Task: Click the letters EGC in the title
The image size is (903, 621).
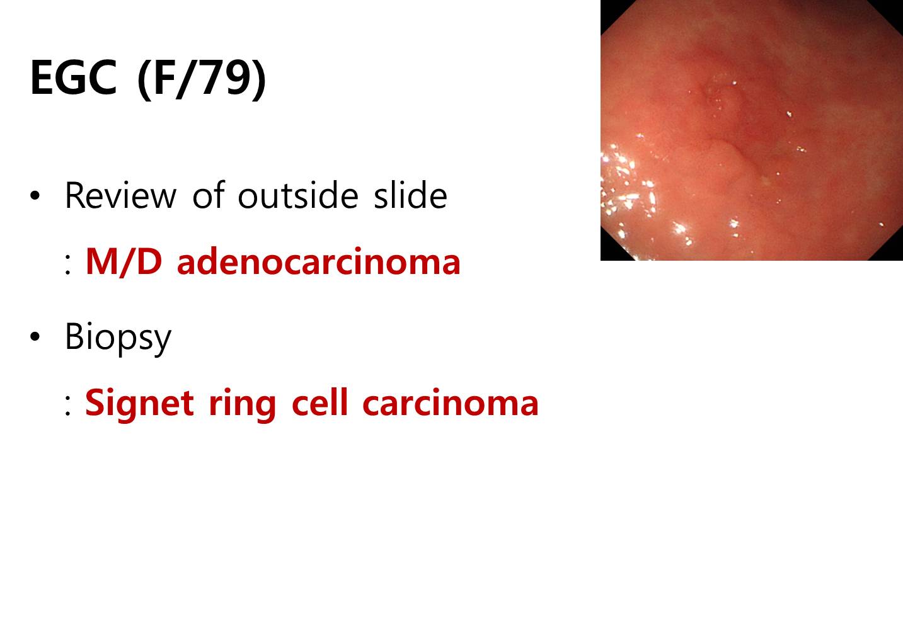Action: (x=73, y=77)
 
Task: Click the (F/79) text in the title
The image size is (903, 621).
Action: (x=202, y=79)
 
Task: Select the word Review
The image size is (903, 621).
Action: (x=120, y=196)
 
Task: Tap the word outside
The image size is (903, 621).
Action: (x=298, y=195)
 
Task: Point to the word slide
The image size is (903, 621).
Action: (x=410, y=195)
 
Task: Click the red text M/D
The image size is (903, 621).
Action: (x=124, y=262)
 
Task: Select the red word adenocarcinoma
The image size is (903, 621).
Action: (x=318, y=262)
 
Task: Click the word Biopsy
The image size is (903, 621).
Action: (x=118, y=338)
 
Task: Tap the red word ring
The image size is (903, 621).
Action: (x=242, y=406)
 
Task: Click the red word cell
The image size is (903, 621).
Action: (x=319, y=402)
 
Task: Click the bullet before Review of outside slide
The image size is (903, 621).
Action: (x=35, y=196)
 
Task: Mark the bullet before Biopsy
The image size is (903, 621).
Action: (x=35, y=336)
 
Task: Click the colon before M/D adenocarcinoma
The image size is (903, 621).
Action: (x=67, y=266)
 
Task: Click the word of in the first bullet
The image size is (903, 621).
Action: (x=208, y=195)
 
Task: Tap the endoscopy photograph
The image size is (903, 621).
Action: (x=751, y=130)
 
